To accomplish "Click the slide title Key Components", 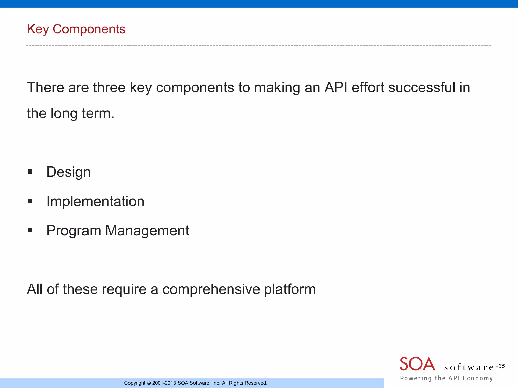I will [76, 29].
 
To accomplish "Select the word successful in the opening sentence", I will [421, 88].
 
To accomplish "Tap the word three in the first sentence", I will [109, 88].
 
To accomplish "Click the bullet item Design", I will [68, 172].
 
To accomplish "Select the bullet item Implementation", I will [95, 201].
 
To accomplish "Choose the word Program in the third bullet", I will [74, 231].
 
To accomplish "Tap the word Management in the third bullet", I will [147, 231].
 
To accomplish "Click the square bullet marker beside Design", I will [30, 172].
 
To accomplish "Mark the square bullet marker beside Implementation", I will [30, 201].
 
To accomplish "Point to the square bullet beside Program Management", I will [30, 230].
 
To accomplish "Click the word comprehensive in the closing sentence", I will [211, 289].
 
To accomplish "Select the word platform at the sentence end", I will [290, 289].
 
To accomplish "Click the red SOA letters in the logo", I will [417, 364].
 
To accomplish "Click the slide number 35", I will [502, 366].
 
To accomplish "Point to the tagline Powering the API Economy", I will [446, 378].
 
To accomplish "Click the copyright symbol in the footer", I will [149, 383].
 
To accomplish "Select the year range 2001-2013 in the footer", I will [164, 383].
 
